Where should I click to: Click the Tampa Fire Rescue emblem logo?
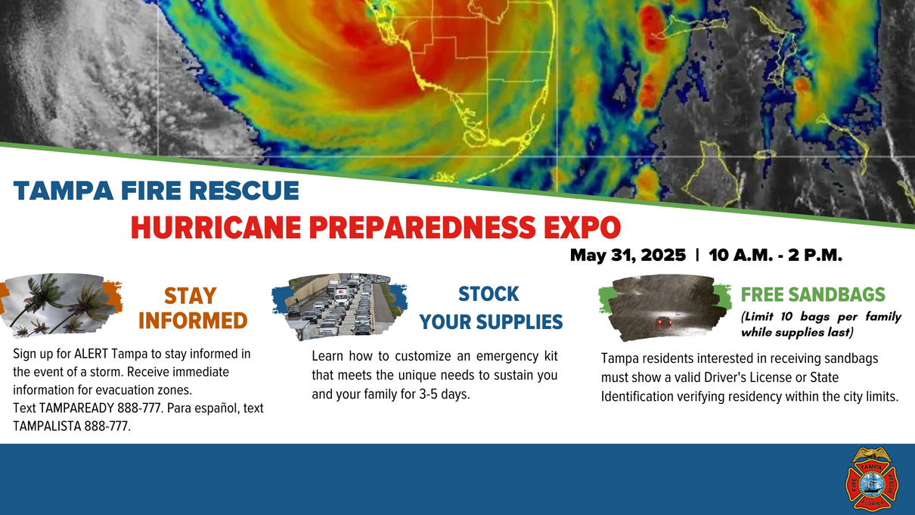coord(871,479)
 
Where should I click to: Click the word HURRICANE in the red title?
coord(216,228)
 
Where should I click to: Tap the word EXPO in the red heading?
coord(582,228)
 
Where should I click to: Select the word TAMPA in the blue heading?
coord(64,191)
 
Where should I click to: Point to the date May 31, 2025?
coord(628,256)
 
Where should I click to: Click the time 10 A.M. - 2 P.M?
coord(775,256)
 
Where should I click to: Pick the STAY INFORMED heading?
coord(192,309)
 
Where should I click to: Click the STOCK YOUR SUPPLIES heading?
coord(491,308)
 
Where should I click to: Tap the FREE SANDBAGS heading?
coord(813,294)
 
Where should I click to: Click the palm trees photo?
coord(60,305)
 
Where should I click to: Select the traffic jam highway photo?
coord(340,306)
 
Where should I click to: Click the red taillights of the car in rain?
coord(664,322)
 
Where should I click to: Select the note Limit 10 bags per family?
coord(821,317)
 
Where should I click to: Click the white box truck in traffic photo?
coord(341,293)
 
